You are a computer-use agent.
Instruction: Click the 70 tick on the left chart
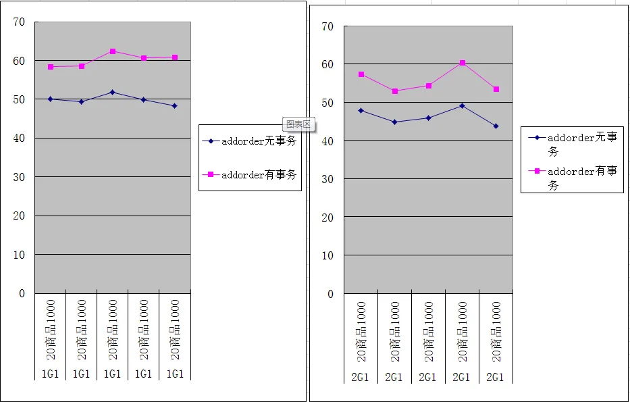coord(20,22)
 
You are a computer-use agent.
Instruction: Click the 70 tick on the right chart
coord(328,26)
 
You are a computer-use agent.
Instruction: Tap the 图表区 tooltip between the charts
coord(298,124)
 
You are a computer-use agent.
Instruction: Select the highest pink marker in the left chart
coord(113,51)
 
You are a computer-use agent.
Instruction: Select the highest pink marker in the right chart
coord(463,63)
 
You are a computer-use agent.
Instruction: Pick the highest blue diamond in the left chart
coord(113,92)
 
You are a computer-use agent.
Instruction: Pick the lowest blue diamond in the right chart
coord(496,126)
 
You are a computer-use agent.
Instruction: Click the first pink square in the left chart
coord(51,67)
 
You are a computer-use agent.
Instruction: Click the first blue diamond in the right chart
coord(361,110)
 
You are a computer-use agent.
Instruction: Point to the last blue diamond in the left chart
coord(175,106)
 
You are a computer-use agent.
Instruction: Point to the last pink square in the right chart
coord(496,89)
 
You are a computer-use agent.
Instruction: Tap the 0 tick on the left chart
coord(22,293)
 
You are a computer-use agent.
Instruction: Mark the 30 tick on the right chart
coord(328,179)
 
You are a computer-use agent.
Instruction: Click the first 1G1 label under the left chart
coord(51,374)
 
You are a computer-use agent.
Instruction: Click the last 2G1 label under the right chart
coord(495,378)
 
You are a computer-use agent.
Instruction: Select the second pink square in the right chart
coord(395,91)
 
